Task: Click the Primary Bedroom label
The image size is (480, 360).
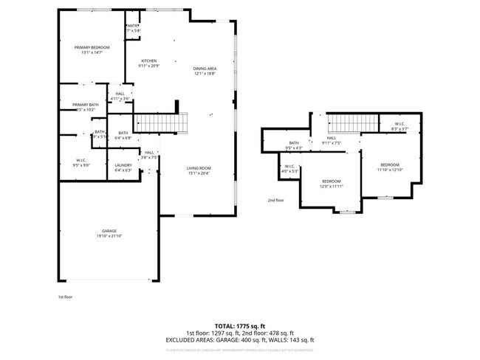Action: coord(92,47)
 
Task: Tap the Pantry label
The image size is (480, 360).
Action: coord(132,25)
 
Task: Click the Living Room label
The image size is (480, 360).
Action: coord(199,167)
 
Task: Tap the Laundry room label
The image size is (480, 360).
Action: coord(123,165)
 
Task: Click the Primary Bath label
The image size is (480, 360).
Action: coord(85,105)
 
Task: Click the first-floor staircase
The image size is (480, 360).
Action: coord(160,122)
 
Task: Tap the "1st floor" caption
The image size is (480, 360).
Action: coord(66,297)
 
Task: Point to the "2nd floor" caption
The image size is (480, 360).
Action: coord(275,200)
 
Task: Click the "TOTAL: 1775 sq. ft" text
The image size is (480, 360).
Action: coord(239,325)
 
